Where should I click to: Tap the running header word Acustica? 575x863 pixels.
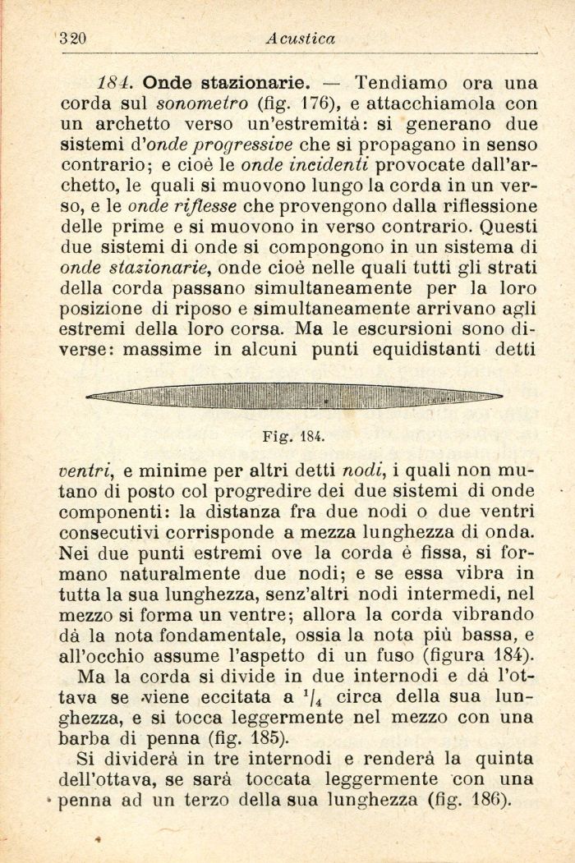click(302, 39)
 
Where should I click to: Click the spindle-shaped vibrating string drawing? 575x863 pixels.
click(294, 397)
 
